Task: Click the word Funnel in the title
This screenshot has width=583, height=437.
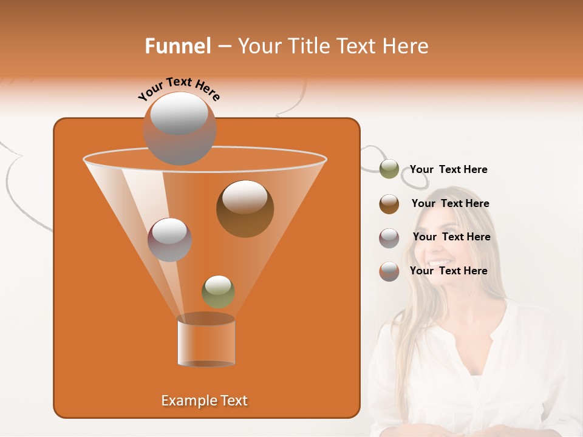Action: tap(178, 46)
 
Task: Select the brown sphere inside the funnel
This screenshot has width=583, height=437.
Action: tap(245, 209)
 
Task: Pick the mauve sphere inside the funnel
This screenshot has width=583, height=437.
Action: tap(169, 240)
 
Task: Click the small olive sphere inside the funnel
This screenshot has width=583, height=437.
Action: tap(218, 292)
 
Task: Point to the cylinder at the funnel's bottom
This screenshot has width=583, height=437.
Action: tap(206, 341)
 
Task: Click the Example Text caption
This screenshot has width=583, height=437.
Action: tap(204, 401)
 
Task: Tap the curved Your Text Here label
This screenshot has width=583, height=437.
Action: tap(179, 89)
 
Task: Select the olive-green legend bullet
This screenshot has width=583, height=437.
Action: tap(389, 169)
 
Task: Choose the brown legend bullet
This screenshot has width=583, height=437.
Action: tap(389, 204)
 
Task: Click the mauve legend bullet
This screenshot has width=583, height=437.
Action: tap(389, 238)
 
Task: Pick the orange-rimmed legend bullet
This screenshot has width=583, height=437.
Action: tap(389, 271)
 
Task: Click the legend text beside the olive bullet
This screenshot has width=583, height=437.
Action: tap(448, 170)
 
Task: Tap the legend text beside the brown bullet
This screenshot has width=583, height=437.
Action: tap(450, 204)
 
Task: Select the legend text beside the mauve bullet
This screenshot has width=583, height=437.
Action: tap(451, 237)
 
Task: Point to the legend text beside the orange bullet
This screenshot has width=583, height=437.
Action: tap(448, 271)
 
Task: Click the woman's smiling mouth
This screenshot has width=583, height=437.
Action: tap(439, 263)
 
